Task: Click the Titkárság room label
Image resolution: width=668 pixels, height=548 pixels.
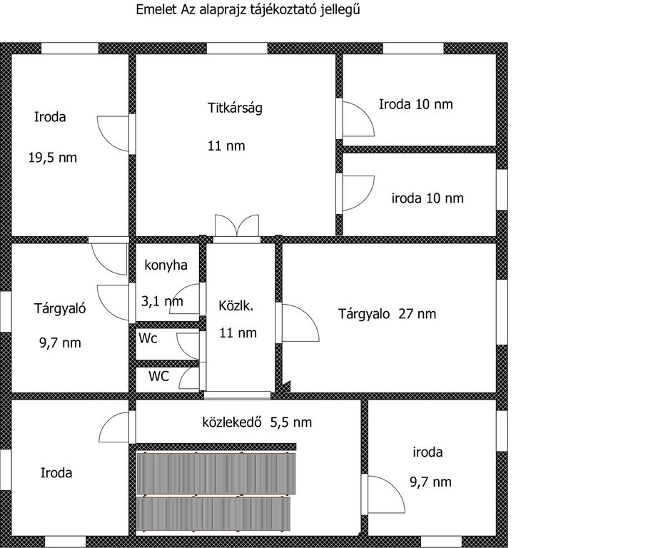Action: [235, 108]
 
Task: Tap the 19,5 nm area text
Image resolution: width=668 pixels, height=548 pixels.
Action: [52, 158]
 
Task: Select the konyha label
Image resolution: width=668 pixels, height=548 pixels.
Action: [166, 265]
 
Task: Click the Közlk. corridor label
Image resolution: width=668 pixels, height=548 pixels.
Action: [236, 305]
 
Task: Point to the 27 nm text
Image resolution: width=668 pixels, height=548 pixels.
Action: [417, 314]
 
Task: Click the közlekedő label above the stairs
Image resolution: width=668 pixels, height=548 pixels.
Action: [231, 422]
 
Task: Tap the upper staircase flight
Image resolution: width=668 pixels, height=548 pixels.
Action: [216, 474]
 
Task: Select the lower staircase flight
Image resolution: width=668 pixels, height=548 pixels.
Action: [213, 514]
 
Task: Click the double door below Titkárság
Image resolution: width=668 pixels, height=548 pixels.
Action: [237, 225]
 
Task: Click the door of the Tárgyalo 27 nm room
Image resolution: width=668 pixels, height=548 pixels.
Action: [298, 323]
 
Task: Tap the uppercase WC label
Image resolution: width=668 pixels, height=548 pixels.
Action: [158, 376]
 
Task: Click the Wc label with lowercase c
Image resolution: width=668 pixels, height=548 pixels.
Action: [148, 338]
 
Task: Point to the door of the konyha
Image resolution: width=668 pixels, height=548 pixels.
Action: [186, 299]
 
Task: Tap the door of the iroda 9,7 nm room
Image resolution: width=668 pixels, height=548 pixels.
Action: [383, 494]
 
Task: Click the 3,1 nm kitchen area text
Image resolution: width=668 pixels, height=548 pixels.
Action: [162, 301]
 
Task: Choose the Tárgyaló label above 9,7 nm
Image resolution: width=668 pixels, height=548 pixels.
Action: [60, 308]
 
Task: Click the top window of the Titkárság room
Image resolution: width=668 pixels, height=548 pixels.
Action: [237, 48]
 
